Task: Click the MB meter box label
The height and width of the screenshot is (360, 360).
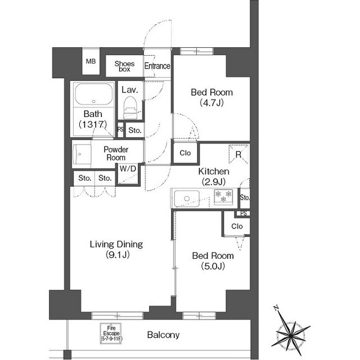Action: click(x=91, y=61)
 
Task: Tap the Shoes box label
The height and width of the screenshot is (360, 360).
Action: click(x=124, y=66)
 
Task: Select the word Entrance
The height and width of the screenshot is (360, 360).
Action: click(x=157, y=66)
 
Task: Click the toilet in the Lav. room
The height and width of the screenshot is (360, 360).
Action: click(x=130, y=107)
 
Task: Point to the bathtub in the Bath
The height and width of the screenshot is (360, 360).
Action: click(x=94, y=94)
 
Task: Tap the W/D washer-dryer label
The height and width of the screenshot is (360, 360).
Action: click(x=128, y=169)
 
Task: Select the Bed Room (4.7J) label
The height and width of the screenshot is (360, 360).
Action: click(x=211, y=97)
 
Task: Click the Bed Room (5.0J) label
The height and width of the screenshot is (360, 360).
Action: click(x=213, y=260)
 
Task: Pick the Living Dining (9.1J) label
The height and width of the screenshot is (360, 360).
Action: click(x=116, y=249)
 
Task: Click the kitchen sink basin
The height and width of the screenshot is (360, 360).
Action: click(x=187, y=199)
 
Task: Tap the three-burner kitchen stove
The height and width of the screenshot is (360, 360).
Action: click(x=223, y=197)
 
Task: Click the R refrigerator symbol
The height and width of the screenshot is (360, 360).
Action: click(x=238, y=154)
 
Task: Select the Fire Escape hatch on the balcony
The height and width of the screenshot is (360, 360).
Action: click(x=111, y=334)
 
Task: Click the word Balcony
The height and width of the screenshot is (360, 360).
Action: click(x=163, y=335)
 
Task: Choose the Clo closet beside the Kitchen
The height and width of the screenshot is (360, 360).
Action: click(x=185, y=153)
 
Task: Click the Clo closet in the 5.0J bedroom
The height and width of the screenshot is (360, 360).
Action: click(x=237, y=226)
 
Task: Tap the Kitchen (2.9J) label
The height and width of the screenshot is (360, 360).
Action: click(x=214, y=176)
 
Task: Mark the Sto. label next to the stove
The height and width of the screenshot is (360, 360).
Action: click(x=245, y=197)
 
